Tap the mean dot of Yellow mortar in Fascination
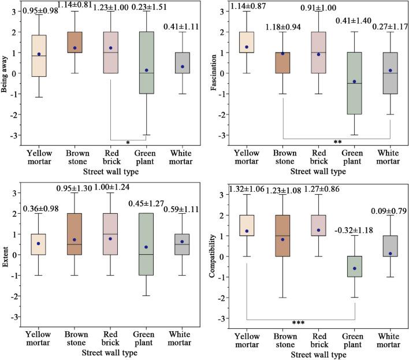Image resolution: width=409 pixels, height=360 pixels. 247,47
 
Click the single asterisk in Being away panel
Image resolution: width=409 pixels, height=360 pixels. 127,141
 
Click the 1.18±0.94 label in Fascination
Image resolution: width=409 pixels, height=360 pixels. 283,27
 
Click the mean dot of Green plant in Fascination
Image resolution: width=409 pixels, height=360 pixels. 354,81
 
